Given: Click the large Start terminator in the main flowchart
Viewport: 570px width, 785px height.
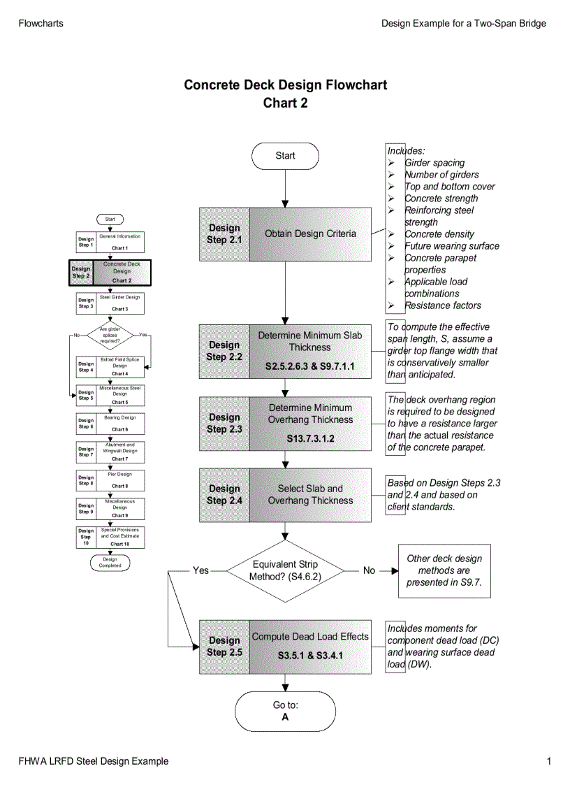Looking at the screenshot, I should [x=285, y=156].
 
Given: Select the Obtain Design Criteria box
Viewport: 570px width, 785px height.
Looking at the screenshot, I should [x=310, y=234].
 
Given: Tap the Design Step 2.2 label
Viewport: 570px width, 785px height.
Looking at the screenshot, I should [x=224, y=351].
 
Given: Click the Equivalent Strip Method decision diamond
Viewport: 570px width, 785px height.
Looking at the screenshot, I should [x=284, y=570].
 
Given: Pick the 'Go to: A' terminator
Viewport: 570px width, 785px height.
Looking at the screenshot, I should [x=285, y=711].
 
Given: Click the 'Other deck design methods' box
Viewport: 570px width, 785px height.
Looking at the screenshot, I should [x=444, y=570].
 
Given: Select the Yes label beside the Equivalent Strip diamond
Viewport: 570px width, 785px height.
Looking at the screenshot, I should [x=200, y=570].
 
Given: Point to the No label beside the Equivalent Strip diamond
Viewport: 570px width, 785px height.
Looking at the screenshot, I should [x=369, y=570].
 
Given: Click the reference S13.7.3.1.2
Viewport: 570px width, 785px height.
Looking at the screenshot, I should [x=310, y=439].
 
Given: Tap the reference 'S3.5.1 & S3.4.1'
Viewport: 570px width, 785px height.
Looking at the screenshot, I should [x=310, y=656].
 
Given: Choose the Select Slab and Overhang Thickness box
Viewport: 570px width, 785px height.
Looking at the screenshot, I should [x=310, y=495].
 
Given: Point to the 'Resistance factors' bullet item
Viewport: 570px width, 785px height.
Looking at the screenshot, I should [x=442, y=305].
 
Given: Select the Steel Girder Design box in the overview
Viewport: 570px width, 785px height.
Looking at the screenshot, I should [x=119, y=303].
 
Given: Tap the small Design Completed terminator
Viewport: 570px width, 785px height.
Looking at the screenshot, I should [x=110, y=562].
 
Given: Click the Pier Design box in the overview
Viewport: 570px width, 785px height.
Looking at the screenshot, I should [x=119, y=480].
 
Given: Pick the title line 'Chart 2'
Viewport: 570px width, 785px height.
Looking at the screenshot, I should [x=285, y=103].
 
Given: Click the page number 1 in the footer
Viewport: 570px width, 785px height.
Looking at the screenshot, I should [x=549, y=761].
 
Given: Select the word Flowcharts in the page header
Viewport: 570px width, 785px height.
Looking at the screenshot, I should [x=41, y=23].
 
